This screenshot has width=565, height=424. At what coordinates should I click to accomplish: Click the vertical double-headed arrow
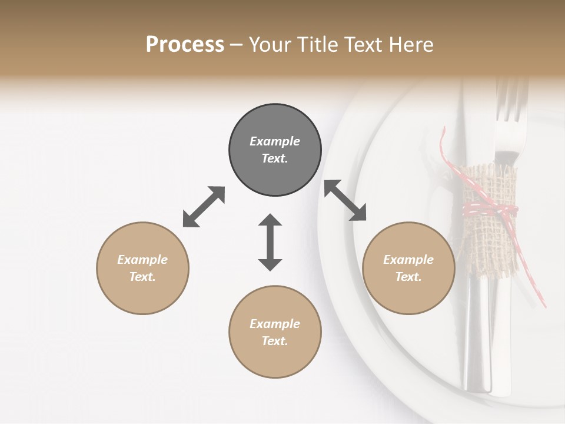point(270,242)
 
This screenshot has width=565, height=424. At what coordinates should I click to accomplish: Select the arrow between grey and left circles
point(204,207)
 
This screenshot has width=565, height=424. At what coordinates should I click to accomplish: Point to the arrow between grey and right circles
point(345,200)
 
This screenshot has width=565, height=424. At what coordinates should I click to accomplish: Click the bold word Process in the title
point(185,44)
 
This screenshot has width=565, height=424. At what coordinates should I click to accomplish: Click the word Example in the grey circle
point(275,141)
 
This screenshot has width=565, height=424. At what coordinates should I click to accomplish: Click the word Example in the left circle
point(142,260)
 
